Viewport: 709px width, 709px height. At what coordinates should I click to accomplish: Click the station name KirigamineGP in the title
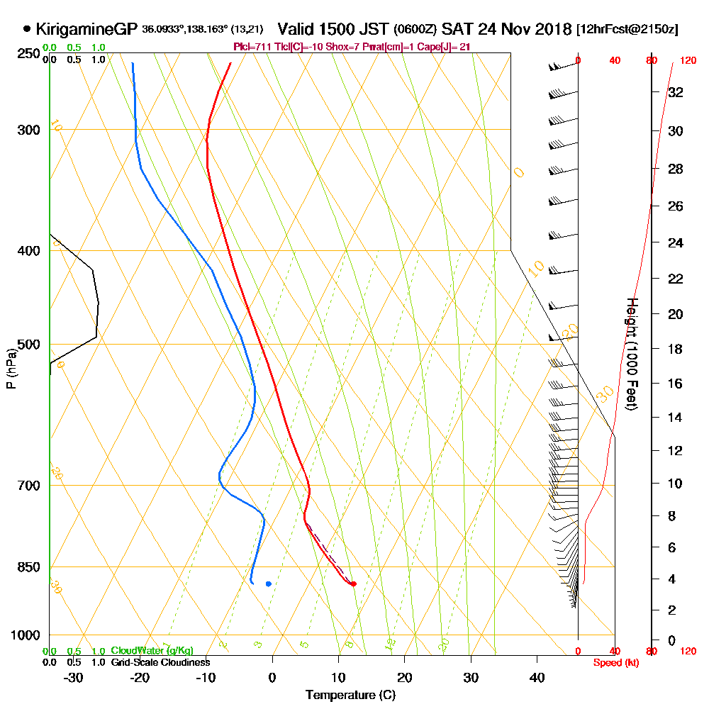click(86, 29)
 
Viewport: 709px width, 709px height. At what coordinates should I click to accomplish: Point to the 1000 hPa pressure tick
click(26, 635)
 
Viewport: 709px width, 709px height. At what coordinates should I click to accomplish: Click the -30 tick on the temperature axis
click(73, 678)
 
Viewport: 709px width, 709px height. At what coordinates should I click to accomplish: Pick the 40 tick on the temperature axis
click(537, 678)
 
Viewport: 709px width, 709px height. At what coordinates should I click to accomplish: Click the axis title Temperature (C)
click(350, 695)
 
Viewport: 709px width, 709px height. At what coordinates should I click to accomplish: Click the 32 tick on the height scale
click(676, 92)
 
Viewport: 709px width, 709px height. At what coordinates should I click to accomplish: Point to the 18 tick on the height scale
click(676, 349)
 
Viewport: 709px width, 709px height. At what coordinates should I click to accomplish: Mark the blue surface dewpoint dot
click(268, 584)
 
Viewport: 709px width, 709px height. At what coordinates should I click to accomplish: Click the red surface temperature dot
click(353, 584)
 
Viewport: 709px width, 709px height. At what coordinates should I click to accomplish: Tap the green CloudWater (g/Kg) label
click(152, 650)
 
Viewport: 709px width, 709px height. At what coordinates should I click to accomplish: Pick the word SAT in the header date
click(455, 29)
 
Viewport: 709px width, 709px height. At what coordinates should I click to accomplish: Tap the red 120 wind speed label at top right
click(687, 60)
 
